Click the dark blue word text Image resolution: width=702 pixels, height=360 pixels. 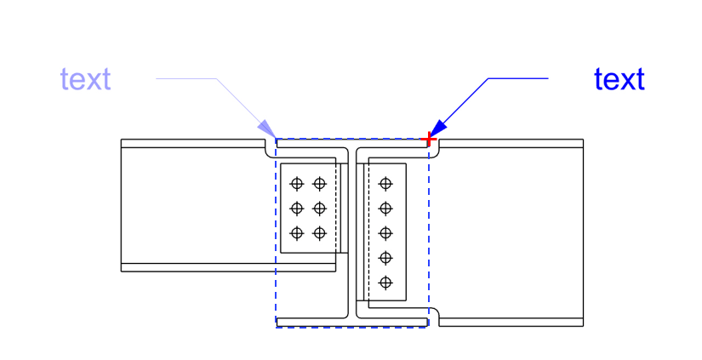(x=619, y=79)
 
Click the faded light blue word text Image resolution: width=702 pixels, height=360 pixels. (x=85, y=79)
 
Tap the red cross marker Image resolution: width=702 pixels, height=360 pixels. (x=430, y=140)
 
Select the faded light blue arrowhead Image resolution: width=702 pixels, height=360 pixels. (x=267, y=129)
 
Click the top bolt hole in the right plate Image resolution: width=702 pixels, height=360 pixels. (x=385, y=184)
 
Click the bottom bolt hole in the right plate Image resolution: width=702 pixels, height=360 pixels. (x=385, y=283)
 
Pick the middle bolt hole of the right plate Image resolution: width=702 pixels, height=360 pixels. (x=385, y=233)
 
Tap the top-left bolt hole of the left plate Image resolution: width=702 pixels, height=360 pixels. (x=297, y=184)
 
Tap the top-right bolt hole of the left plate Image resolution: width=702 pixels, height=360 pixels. (x=319, y=184)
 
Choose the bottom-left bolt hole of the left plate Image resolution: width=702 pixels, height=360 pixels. (x=297, y=233)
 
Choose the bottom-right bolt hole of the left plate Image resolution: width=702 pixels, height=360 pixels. (x=319, y=233)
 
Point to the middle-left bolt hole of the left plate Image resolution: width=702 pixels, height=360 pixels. (x=297, y=209)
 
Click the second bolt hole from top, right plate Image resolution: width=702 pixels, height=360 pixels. (x=385, y=209)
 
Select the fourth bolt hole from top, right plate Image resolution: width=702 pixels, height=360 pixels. (x=385, y=258)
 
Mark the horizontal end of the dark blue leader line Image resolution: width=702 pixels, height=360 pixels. (x=548, y=78)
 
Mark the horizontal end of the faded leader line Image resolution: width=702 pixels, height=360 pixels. (x=157, y=79)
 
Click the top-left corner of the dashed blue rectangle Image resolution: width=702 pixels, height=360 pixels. (x=276, y=139)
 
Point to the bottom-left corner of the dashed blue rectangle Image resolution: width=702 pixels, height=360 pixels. (x=276, y=328)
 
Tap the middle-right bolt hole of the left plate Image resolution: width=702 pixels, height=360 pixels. (x=319, y=209)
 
